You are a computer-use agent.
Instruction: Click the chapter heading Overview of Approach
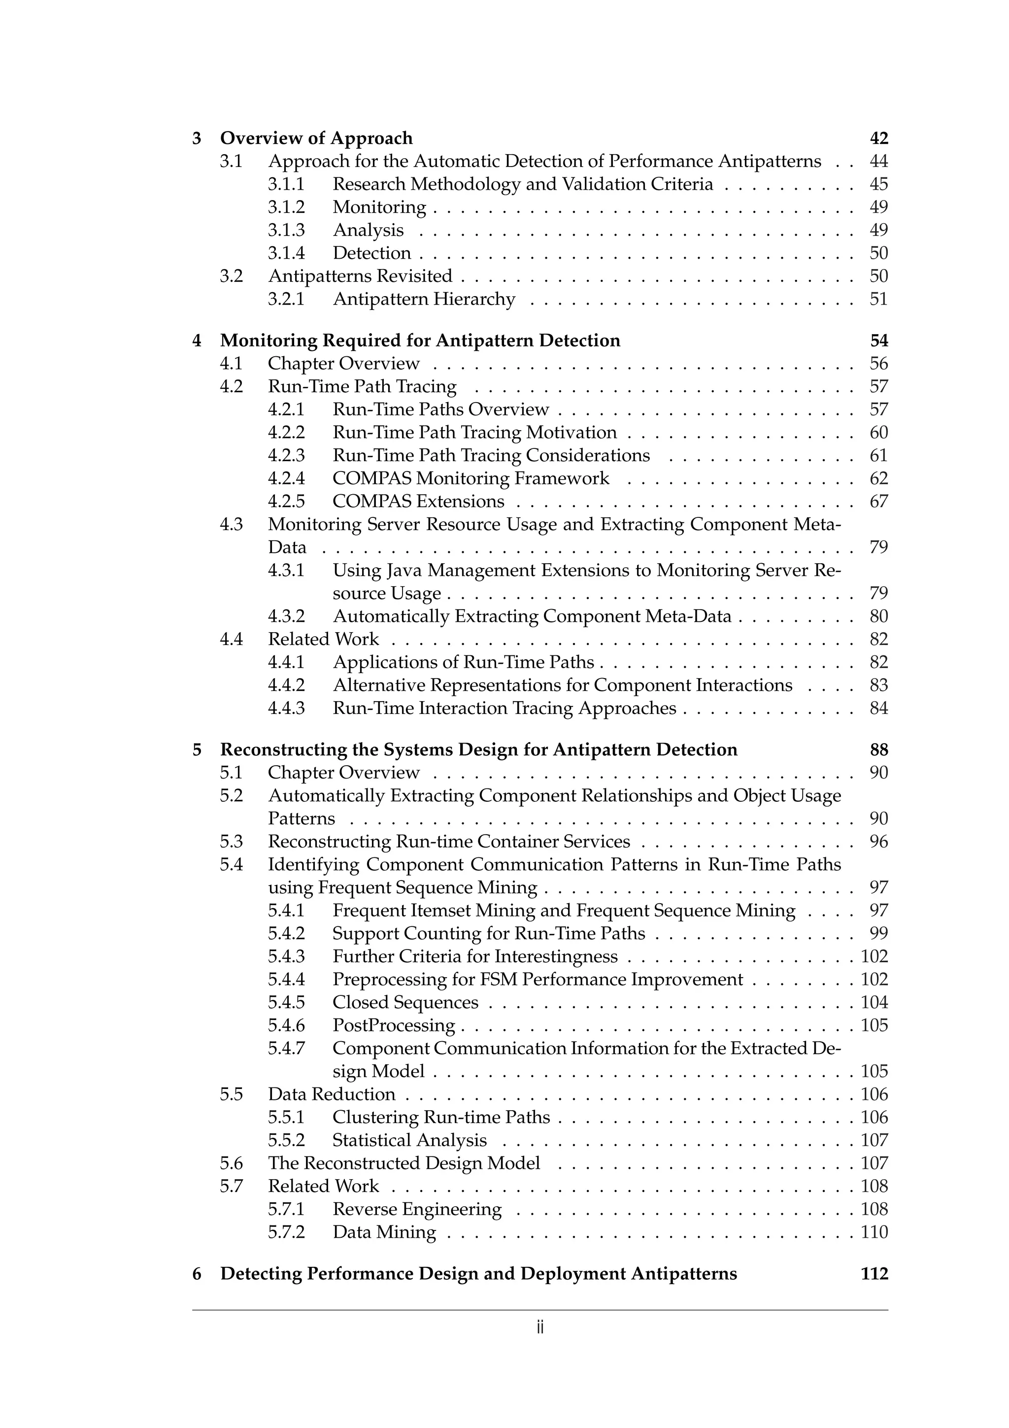[x=316, y=138]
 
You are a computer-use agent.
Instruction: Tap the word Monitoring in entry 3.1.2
[x=379, y=207]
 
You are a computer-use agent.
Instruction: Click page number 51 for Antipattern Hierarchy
[x=878, y=299]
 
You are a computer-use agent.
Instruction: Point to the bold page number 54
[x=878, y=341]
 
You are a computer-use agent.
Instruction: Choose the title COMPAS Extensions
[x=418, y=501]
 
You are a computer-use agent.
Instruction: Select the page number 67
[x=878, y=501]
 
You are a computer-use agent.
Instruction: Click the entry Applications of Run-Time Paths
[x=463, y=662]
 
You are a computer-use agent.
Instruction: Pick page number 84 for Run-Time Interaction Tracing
[x=878, y=709]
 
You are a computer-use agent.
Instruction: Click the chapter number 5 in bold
[x=197, y=749]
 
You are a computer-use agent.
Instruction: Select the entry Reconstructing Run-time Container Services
[x=448, y=842]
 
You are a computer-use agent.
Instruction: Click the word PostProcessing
[x=394, y=1025]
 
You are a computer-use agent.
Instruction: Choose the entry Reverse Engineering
[x=416, y=1209]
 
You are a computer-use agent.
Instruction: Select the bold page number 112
[x=874, y=1274]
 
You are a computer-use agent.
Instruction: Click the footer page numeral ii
[x=539, y=1328]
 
